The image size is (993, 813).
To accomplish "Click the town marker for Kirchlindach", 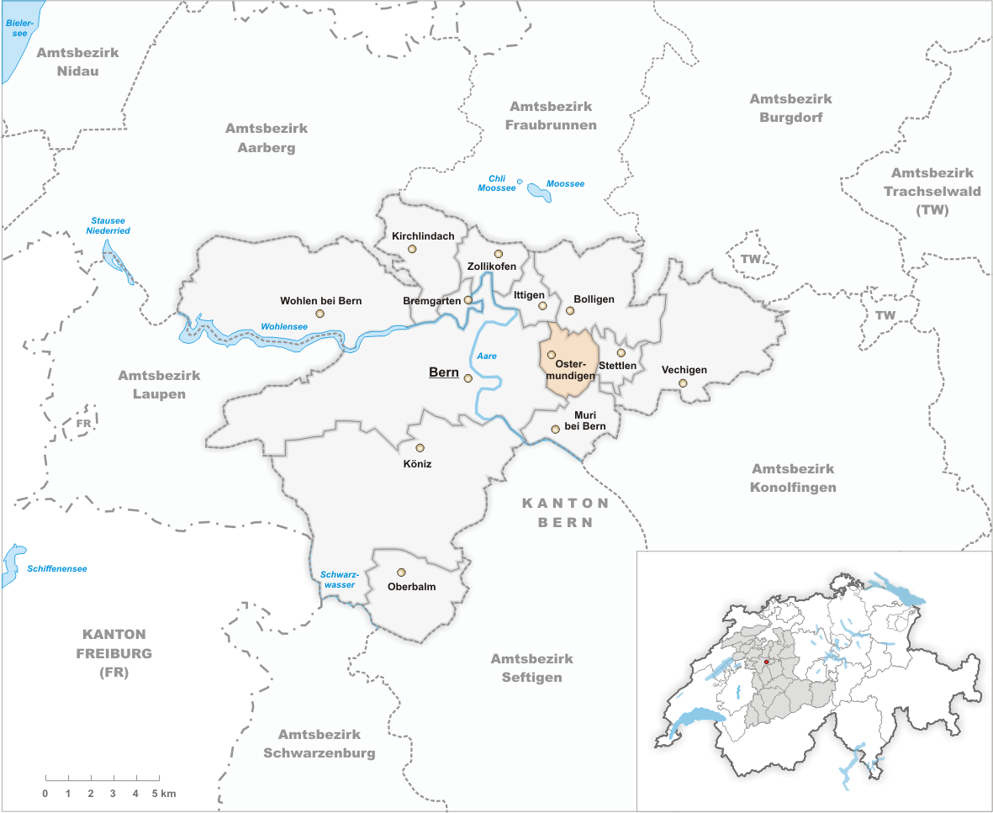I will tap(412, 249).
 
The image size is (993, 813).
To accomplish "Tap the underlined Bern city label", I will tap(443, 372).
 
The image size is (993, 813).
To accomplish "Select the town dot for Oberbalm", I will tap(401, 573).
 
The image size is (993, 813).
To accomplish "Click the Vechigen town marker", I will tap(683, 383).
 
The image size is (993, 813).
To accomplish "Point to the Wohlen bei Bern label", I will tap(321, 300).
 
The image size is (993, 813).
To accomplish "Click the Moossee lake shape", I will tap(539, 192).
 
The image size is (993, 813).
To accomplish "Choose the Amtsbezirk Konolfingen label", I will tap(794, 478).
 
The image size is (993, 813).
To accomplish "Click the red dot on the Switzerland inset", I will tap(766, 662).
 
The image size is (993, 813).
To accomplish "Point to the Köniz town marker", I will tap(420, 448).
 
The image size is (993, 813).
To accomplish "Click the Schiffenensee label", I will tap(57, 569).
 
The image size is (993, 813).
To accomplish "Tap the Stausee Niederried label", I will tap(110, 225).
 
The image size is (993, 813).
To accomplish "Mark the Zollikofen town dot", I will tap(498, 254).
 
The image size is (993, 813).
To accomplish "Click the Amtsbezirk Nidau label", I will tap(78, 61).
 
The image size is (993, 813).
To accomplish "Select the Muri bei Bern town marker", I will tap(555, 430).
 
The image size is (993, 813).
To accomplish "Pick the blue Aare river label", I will tap(487, 356).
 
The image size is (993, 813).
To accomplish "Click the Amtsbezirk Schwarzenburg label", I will tap(320, 743).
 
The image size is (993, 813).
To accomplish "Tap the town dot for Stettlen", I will tap(621, 353).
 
